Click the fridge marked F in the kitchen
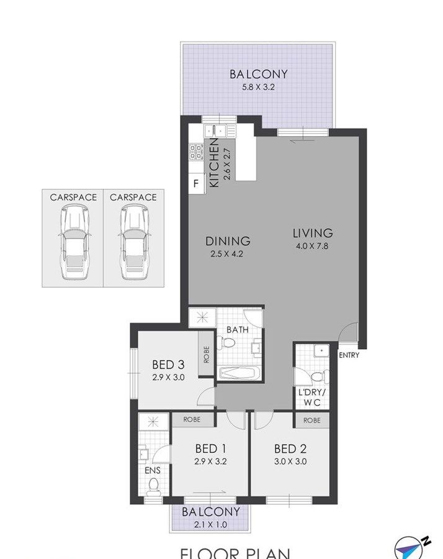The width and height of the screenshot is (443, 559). click(x=197, y=184)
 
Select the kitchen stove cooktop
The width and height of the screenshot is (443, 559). click(x=195, y=152)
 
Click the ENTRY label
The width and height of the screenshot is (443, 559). click(x=349, y=355)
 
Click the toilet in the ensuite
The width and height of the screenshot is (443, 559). click(x=153, y=487)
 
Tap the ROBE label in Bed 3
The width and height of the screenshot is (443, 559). click(x=207, y=355)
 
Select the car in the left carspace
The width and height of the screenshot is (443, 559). click(x=73, y=242)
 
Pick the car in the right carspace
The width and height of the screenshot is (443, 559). click(x=133, y=242)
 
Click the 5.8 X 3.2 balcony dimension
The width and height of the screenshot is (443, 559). click(x=259, y=87)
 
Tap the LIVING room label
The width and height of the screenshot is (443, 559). click(x=313, y=233)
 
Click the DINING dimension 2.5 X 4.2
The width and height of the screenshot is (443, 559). click(x=227, y=254)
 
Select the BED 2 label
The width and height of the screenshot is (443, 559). click(x=290, y=448)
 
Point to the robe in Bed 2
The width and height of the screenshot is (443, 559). click(x=311, y=420)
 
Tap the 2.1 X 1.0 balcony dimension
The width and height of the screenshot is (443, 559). click(x=211, y=525)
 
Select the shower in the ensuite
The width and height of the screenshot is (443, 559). click(x=153, y=422)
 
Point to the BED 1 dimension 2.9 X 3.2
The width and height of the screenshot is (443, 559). click(x=210, y=461)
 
